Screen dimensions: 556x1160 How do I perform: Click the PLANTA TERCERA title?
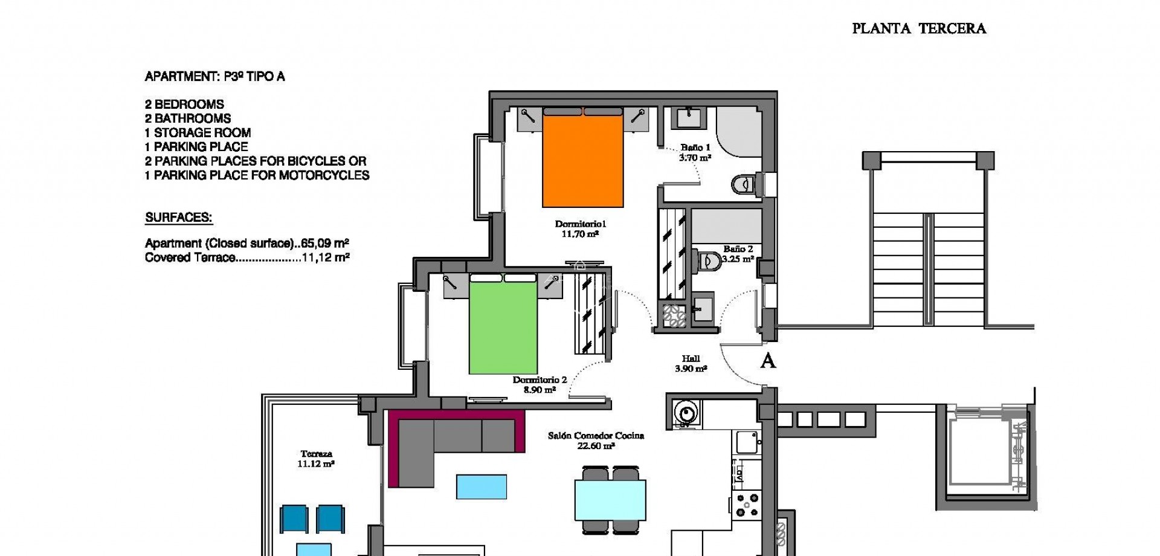[918, 28]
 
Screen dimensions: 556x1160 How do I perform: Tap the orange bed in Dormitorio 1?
[583, 160]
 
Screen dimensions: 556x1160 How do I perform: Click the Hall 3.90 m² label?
[691, 363]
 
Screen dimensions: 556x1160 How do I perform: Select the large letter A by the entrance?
[767, 361]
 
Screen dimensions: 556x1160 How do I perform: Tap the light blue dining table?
[610, 500]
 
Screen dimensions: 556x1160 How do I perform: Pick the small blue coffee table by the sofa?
[482, 486]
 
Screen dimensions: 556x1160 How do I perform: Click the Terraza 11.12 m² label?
[316, 459]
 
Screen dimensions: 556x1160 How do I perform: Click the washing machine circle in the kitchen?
[686, 413]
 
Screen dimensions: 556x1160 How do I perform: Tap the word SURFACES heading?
[179, 218]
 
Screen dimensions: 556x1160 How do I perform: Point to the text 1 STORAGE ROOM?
[198, 132]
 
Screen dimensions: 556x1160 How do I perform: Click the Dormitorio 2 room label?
[540, 384]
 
